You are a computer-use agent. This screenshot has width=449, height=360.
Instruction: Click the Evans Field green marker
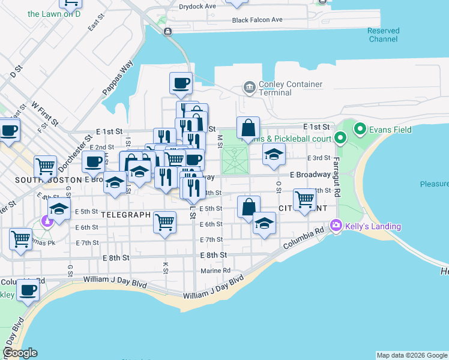click(x=360, y=128)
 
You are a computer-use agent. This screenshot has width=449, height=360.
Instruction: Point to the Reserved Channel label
click(x=383, y=35)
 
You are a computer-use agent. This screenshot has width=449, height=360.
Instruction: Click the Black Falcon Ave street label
click(x=257, y=20)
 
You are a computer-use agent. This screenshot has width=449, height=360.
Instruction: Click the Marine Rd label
click(x=215, y=271)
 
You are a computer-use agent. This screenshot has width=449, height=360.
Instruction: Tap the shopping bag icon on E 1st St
click(x=248, y=128)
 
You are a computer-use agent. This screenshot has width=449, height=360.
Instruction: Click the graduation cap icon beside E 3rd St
click(x=274, y=155)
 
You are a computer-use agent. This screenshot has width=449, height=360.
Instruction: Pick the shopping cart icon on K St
click(x=164, y=223)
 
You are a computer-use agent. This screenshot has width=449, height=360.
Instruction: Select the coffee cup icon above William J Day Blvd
click(x=28, y=290)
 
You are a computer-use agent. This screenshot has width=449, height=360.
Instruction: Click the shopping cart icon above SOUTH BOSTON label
click(x=45, y=167)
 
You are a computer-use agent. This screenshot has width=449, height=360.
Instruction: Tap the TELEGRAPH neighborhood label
click(x=125, y=214)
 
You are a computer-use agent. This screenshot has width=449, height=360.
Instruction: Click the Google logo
click(x=20, y=353)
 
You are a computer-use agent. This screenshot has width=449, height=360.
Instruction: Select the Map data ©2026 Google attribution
click(x=412, y=355)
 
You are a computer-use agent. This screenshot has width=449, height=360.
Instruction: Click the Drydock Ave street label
click(x=197, y=7)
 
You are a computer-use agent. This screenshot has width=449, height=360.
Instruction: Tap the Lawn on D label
click(x=54, y=14)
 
